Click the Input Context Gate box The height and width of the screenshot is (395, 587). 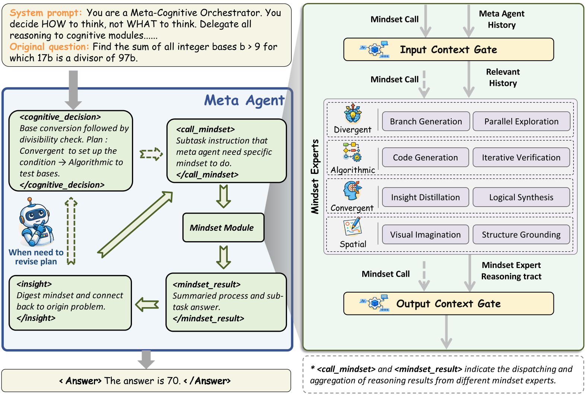(448, 50)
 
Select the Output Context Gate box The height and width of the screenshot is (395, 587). (448, 303)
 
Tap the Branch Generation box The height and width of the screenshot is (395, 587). (426, 121)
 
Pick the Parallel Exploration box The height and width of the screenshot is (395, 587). (521, 121)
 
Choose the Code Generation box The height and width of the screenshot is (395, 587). (425, 157)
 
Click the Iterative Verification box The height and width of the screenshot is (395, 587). (521, 157)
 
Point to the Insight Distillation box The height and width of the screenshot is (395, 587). (425, 197)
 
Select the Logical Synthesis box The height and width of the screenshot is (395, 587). (521, 197)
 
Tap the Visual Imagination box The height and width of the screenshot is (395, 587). (425, 235)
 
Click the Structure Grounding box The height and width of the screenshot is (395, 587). (521, 235)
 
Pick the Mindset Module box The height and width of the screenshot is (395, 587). (223, 227)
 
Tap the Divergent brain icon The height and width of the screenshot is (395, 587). (353, 114)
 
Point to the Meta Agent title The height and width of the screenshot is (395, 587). (244, 101)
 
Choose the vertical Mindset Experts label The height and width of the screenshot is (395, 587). (315, 176)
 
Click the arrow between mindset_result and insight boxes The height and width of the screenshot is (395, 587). (147, 304)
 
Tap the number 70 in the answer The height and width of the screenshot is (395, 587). (173, 381)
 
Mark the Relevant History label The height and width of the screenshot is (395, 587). (503, 77)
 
